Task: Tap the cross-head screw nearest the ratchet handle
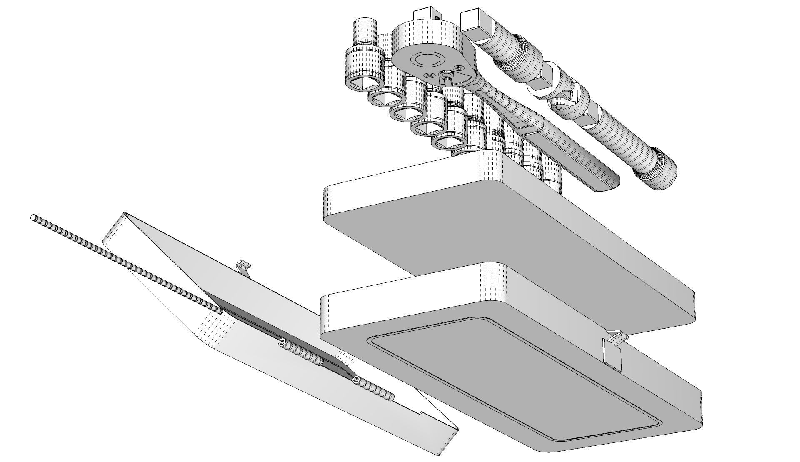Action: (458, 68)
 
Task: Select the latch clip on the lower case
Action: (612, 350)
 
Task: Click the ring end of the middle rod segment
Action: (283, 343)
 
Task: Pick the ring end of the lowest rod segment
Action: (356, 380)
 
